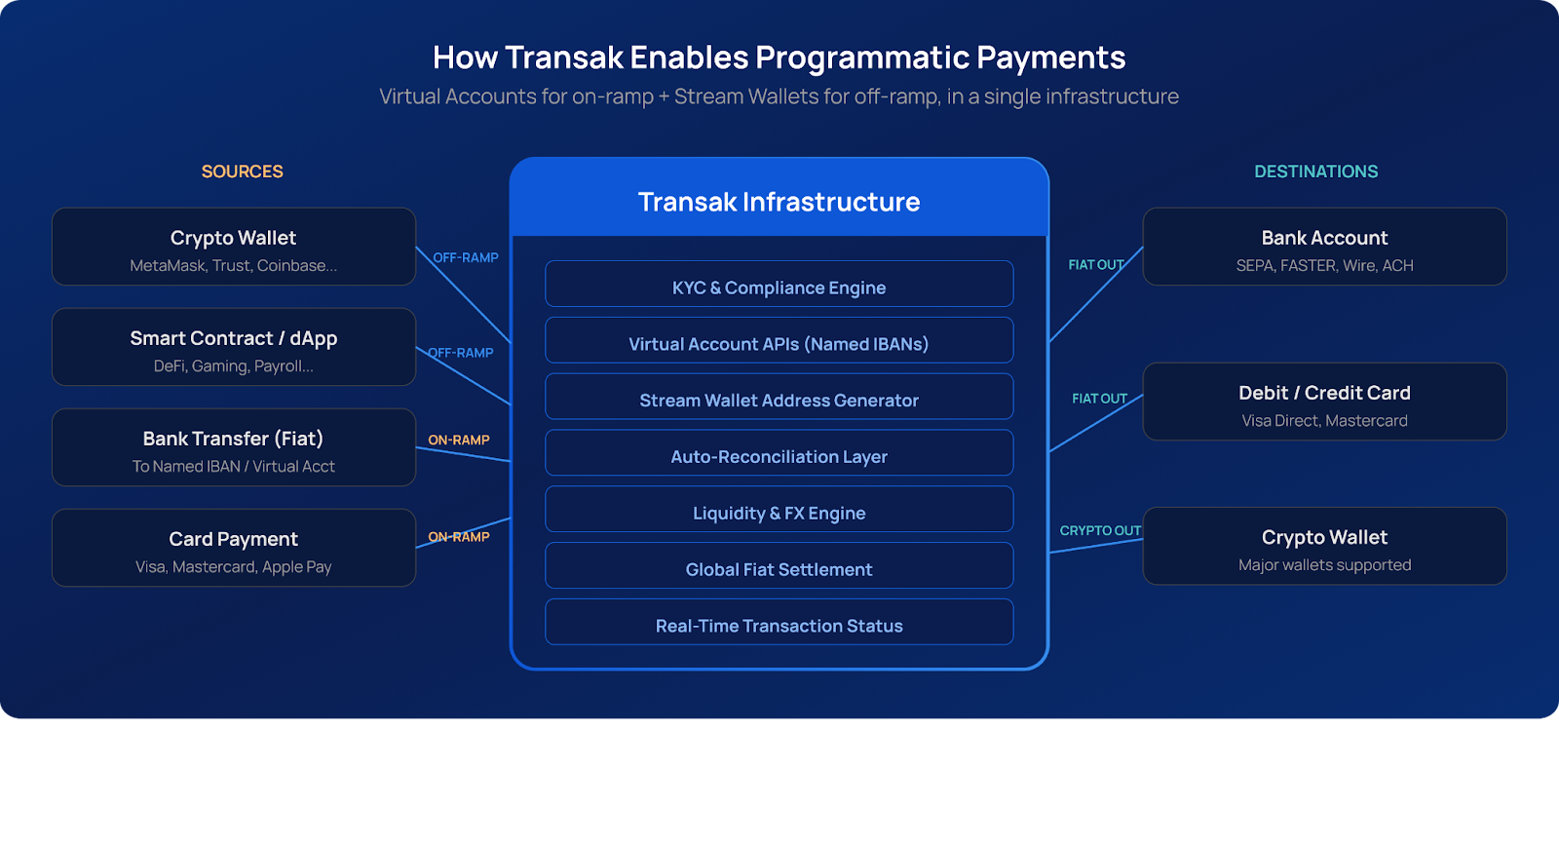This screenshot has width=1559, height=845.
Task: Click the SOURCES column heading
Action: tap(242, 172)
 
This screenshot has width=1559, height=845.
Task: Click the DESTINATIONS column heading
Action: tap(1315, 172)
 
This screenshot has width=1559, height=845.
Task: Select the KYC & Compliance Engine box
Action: tap(779, 285)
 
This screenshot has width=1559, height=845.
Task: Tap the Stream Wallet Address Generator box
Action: tap(779, 398)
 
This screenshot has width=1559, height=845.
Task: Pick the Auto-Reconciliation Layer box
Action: tap(779, 454)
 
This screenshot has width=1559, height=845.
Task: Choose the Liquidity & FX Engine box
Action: tap(779, 511)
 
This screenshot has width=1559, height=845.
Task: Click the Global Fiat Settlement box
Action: tap(779, 567)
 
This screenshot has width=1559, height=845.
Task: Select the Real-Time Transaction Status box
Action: tap(779, 624)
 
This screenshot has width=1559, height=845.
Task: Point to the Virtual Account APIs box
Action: tap(779, 341)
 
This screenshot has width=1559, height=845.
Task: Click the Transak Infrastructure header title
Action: tap(779, 202)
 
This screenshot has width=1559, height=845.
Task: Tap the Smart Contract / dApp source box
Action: tap(234, 348)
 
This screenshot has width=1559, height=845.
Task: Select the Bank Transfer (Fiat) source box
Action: tap(234, 448)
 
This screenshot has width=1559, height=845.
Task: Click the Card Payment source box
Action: tap(234, 549)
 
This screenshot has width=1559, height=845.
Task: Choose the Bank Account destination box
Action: tap(1324, 248)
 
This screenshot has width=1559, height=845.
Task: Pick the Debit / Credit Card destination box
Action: tap(1324, 403)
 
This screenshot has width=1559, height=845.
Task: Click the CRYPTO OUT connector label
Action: tap(1100, 530)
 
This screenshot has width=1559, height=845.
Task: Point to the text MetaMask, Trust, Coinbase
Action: tap(234, 266)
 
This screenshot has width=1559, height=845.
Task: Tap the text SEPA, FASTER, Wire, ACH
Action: tap(1324, 266)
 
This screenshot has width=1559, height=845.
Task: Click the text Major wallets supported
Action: tap(1324, 565)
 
